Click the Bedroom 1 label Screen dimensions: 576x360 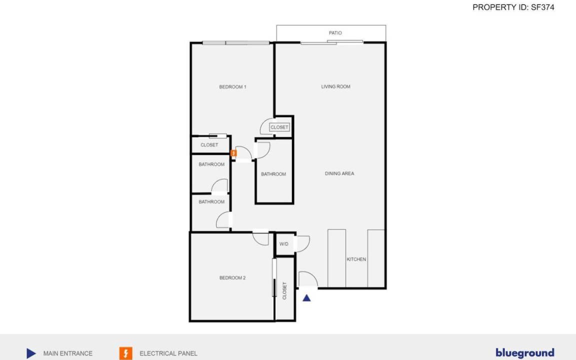tap(232, 87)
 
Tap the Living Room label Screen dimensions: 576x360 tap(336, 86)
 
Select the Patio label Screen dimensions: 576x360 tap(335, 33)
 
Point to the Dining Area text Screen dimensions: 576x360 tap(339, 173)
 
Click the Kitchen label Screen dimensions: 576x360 tap(356, 259)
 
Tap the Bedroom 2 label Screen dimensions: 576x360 tap(232, 278)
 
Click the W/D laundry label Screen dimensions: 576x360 tap(284, 244)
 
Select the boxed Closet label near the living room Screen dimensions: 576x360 tap(279, 127)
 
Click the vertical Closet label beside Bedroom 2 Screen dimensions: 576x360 tap(284, 291)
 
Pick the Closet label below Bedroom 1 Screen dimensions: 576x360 tap(209, 145)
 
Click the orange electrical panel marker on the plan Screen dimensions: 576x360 tap(233, 153)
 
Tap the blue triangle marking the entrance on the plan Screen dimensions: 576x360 tap(306, 298)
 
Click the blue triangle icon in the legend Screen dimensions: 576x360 tap(31, 353)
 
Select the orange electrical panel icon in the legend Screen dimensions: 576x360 tap(125, 353)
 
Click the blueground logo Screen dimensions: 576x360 tap(525, 353)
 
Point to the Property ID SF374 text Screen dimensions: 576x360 tap(513, 7)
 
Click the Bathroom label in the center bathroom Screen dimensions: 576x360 tap(273, 174)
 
